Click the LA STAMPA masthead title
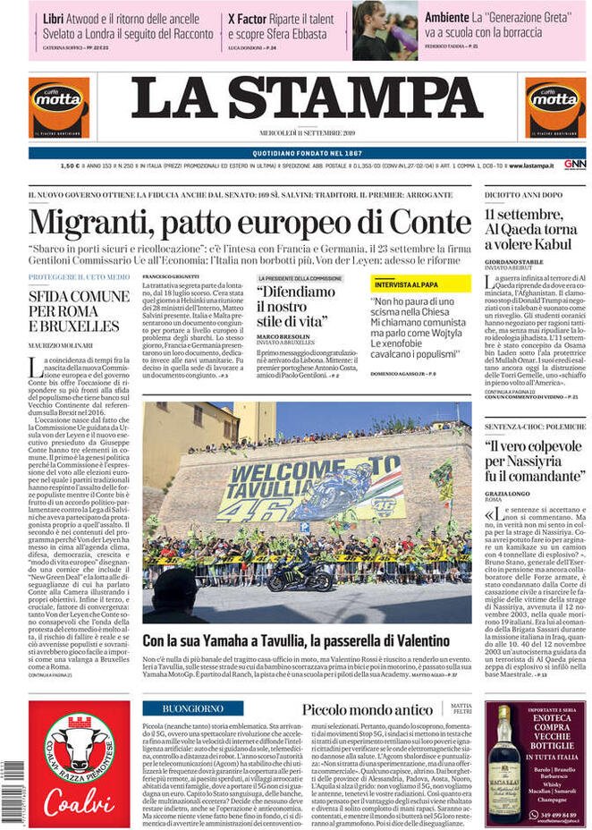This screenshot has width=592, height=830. pos(308,98)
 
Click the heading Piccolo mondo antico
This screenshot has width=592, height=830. pos(368,709)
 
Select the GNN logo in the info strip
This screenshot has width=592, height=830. pos(574,165)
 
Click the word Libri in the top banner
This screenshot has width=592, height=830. pos(54,17)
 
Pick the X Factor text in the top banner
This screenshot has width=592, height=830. pos(244,17)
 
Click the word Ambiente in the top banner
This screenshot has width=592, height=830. pos(447,17)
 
